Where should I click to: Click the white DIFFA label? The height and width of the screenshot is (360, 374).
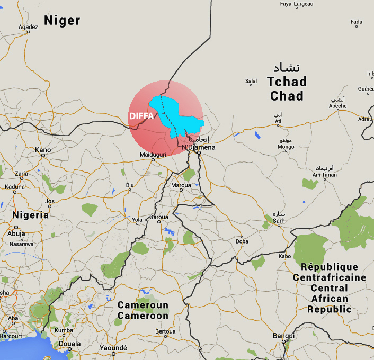pos(141,116)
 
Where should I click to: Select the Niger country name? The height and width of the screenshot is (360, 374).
pos(62,21)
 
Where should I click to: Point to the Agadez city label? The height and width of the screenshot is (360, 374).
pos(28,27)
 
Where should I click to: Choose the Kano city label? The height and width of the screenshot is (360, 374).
pos(43,150)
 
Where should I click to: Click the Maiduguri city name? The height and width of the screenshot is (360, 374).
pos(153,154)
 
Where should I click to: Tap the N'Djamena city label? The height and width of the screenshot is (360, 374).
pos(199,147)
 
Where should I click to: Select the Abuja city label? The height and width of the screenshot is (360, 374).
pos(16,233)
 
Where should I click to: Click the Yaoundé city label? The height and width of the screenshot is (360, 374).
pos(113,348)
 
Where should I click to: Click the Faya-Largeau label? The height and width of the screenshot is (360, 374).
pos(297,4)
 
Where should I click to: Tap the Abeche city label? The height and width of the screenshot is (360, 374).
pos(337,106)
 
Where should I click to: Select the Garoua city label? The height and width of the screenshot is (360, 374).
pos(158,217)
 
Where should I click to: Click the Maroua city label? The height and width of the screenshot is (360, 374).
pos(181,186)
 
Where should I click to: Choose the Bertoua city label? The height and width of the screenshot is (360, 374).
pos(165,331)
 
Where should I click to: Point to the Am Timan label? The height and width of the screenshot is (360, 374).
pos(324,174)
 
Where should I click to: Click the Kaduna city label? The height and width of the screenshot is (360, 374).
pos(15,186)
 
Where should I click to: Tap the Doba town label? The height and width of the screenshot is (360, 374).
pos(242,241)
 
